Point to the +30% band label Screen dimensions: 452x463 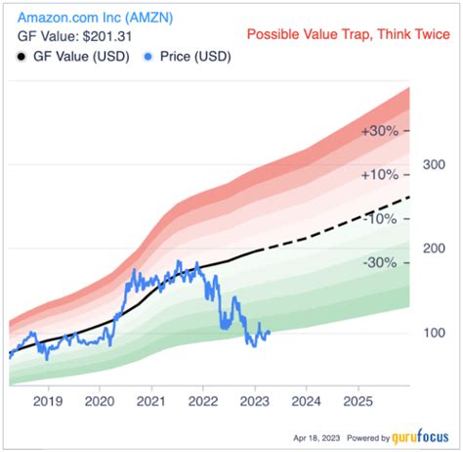pos(380,131)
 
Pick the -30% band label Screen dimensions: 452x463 pos(380,262)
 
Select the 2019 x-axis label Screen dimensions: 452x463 pos(48,400)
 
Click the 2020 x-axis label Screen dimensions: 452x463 pos(100,400)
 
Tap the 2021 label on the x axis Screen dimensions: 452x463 pos(151,400)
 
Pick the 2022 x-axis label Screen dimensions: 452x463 pos(203,400)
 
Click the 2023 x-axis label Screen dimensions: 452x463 pos(255,400)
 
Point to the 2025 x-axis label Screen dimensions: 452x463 pos(358,400)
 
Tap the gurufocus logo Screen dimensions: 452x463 pos(422,438)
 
